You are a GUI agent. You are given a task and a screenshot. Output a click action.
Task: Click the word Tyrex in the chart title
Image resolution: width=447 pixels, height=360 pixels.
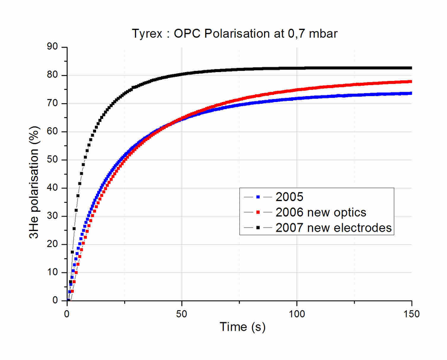click(x=146, y=34)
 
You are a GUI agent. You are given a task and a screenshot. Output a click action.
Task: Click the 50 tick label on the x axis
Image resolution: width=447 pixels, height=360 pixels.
click(x=182, y=313)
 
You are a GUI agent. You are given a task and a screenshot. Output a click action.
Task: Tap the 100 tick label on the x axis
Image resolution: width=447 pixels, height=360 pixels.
click(x=297, y=313)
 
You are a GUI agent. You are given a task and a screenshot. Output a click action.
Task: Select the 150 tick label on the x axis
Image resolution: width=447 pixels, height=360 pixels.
click(x=412, y=313)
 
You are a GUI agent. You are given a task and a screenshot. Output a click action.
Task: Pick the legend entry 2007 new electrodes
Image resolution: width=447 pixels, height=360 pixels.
click(x=334, y=228)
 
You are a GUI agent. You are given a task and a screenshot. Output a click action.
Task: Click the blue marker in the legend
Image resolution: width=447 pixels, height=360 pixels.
click(x=259, y=197)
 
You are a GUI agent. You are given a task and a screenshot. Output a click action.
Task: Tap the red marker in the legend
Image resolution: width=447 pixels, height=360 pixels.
click(x=259, y=212)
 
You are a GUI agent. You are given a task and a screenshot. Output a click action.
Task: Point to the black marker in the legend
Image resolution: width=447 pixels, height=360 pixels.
click(x=259, y=228)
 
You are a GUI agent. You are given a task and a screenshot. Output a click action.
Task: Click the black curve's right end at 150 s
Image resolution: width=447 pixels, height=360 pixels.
click(x=411, y=68)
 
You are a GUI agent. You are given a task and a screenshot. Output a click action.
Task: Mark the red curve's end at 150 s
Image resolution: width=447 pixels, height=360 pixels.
click(x=411, y=82)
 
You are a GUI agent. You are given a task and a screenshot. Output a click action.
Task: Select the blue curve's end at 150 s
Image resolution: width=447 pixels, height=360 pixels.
click(x=411, y=93)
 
